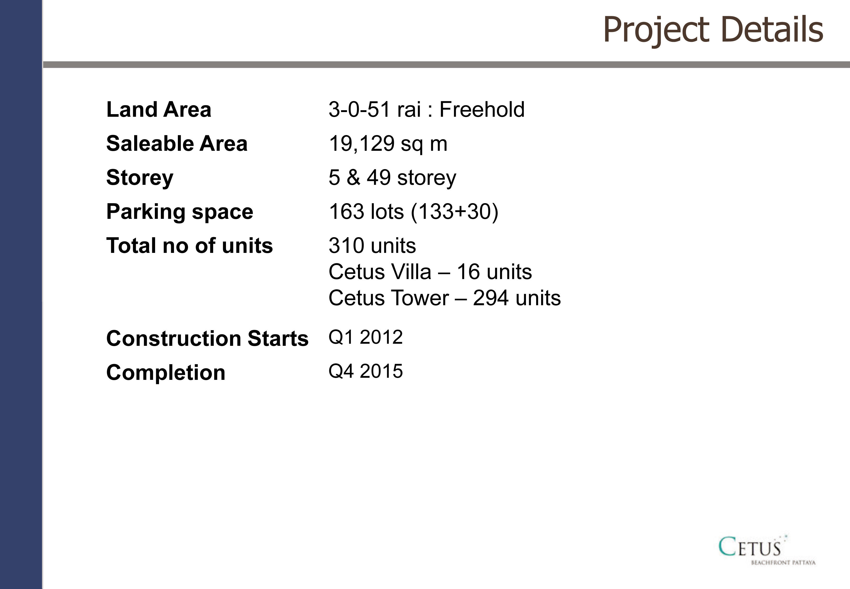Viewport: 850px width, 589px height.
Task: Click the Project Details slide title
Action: point(713,30)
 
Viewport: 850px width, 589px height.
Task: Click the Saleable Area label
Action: point(177,143)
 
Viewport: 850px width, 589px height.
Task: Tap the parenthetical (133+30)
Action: point(455,212)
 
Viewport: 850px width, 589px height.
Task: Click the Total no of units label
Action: point(189,246)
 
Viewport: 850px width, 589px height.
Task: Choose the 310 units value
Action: point(372,246)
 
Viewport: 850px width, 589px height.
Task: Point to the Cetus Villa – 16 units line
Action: point(430,272)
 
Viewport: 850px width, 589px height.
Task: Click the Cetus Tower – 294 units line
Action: point(445,298)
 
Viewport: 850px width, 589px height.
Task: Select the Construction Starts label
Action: point(207,338)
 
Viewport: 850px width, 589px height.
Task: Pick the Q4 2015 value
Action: point(366,371)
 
